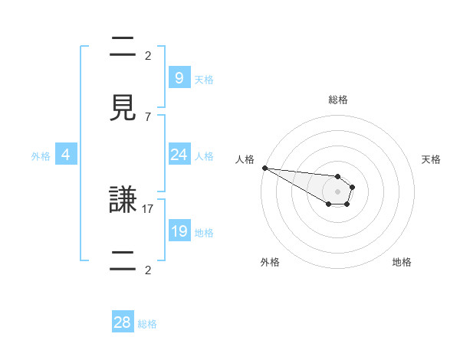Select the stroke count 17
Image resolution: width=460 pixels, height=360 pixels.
click(x=148, y=208)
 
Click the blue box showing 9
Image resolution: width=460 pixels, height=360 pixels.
click(x=179, y=77)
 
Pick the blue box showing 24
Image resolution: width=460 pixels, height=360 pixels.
click(x=179, y=154)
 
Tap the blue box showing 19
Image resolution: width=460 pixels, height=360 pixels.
click(x=179, y=231)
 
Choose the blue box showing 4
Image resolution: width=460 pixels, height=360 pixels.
click(x=66, y=155)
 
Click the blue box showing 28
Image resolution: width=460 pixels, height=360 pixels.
click(x=123, y=322)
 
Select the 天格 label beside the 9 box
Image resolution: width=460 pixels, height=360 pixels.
click(x=203, y=79)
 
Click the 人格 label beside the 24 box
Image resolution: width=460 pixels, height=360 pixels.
click(x=203, y=155)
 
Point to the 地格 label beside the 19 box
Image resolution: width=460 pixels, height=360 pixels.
click(x=203, y=232)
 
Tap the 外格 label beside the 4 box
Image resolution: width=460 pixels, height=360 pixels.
click(x=41, y=155)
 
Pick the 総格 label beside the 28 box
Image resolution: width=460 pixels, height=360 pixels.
click(x=147, y=324)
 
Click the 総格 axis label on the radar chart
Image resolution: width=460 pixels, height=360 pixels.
click(x=338, y=100)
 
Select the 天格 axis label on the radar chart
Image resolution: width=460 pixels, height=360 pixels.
click(x=431, y=159)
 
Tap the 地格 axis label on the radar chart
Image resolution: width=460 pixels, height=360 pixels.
click(x=402, y=262)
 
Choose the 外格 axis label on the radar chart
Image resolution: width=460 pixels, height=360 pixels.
click(x=270, y=262)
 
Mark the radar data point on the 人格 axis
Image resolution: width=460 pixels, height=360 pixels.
click(x=264, y=168)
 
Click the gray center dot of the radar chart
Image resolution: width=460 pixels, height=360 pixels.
click(x=338, y=191)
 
